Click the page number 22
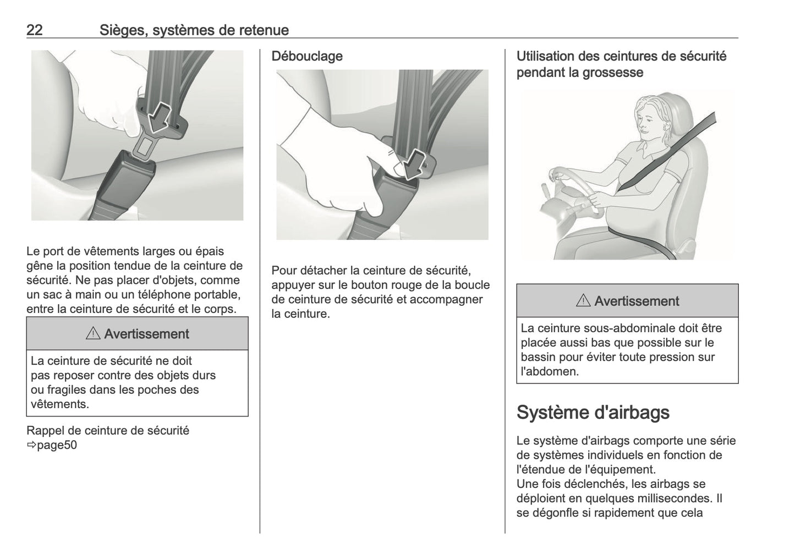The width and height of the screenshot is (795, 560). (35, 30)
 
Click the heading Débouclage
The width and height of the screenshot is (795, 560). (307, 56)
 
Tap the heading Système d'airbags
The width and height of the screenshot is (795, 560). (593, 412)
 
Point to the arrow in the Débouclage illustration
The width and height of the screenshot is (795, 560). (413, 164)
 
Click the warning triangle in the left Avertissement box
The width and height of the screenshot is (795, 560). (93, 333)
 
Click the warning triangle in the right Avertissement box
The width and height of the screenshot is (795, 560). (583, 301)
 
